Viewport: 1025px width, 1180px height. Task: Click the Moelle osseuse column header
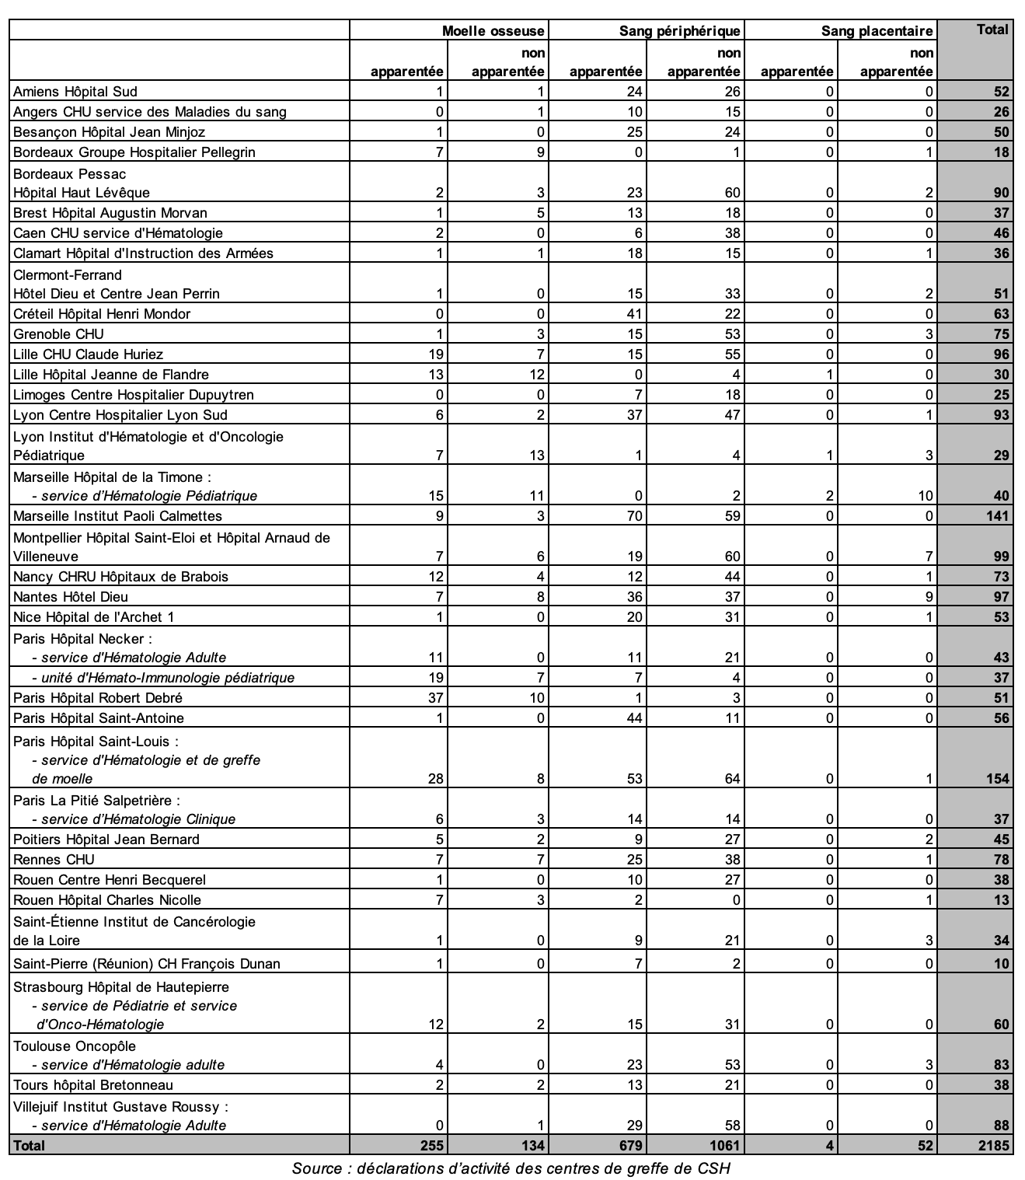tap(493, 31)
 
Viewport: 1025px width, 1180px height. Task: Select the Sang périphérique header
tap(679, 31)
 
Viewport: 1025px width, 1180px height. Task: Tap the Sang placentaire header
tap(877, 31)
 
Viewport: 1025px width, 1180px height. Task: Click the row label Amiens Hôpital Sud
tap(75, 92)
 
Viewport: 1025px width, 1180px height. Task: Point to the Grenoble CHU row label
tap(58, 334)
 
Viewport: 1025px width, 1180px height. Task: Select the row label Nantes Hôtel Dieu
tap(71, 597)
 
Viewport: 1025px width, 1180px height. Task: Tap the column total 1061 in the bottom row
tap(724, 1145)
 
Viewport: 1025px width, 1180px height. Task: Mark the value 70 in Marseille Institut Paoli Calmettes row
tap(635, 516)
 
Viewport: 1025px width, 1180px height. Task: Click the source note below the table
tap(511, 1168)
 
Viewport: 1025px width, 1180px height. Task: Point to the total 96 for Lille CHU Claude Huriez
tap(1001, 354)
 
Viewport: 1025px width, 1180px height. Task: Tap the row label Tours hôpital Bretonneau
tap(93, 1085)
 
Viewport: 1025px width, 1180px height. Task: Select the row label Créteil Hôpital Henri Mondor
tap(102, 314)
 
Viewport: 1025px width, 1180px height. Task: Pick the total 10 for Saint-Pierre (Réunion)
tap(1001, 964)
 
